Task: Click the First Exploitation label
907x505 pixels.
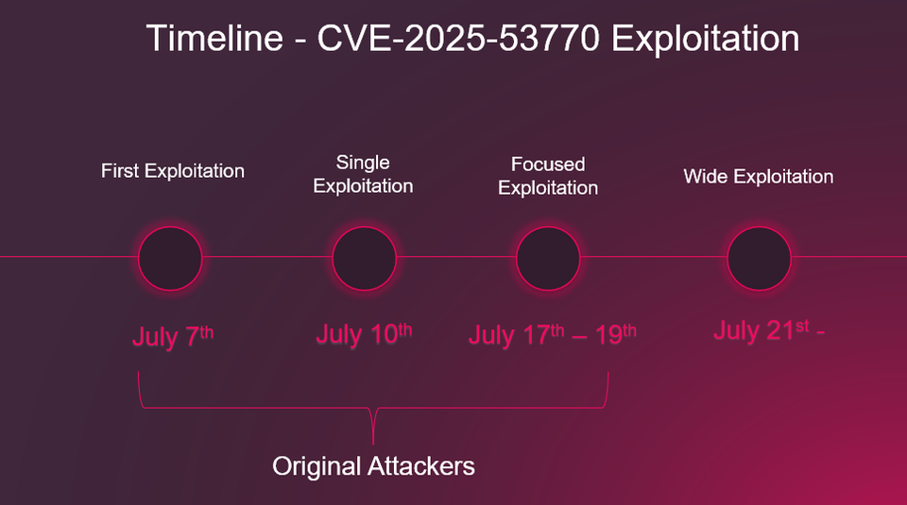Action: click(x=173, y=171)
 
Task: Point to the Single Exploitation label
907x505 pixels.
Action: click(x=363, y=174)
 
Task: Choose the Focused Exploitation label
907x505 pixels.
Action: click(x=548, y=176)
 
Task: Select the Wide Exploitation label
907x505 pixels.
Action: click(x=759, y=177)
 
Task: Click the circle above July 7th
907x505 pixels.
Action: click(x=170, y=257)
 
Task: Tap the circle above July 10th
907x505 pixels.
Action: click(x=364, y=257)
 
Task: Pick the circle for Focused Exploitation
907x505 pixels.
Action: click(x=548, y=257)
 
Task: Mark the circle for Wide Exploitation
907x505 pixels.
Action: click(x=759, y=257)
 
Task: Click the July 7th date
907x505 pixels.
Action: click(x=173, y=336)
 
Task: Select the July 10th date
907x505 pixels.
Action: click(x=364, y=334)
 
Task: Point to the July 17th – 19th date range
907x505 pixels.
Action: click(x=553, y=335)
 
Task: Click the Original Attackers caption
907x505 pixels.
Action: click(x=373, y=466)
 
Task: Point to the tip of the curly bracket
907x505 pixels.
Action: click(x=374, y=442)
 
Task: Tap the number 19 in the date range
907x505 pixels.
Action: click(x=609, y=336)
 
